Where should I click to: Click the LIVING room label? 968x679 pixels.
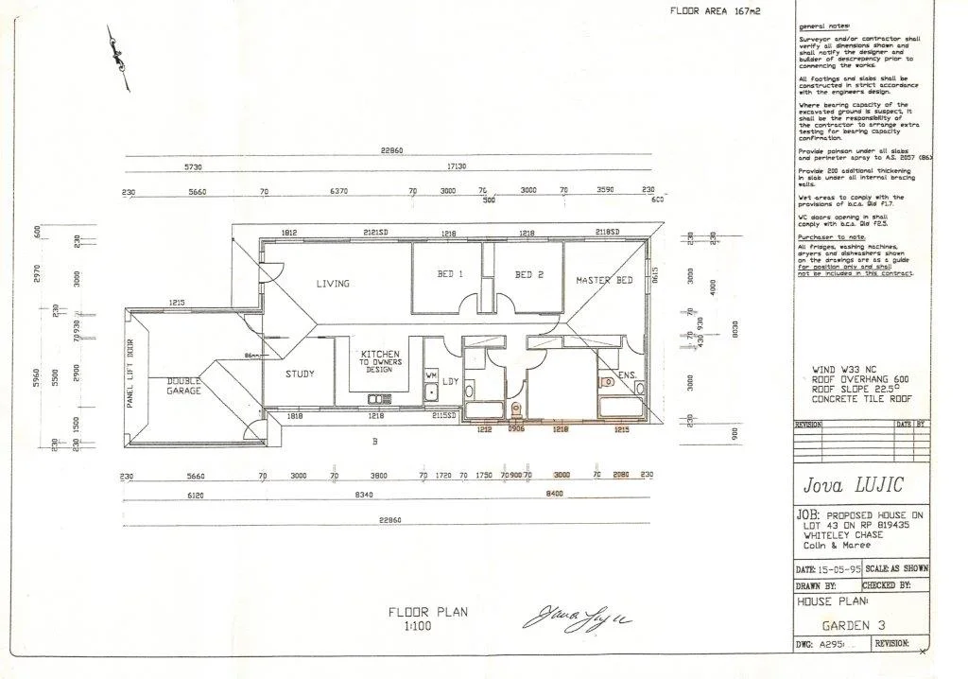[x=333, y=284]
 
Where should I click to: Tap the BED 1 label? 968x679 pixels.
[x=450, y=275]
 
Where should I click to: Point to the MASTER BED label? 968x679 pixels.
[x=604, y=281]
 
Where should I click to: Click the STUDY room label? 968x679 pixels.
[x=301, y=374]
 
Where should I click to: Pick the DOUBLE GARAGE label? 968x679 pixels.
[x=184, y=385]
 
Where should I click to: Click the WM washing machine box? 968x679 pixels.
[x=431, y=376]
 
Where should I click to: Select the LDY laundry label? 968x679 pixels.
[x=451, y=381]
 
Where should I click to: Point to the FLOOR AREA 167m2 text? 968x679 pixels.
[x=715, y=11]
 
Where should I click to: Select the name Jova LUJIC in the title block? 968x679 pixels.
[x=854, y=485]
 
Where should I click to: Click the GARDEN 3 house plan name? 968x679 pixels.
[x=854, y=625]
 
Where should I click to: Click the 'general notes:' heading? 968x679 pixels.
[x=824, y=26]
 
